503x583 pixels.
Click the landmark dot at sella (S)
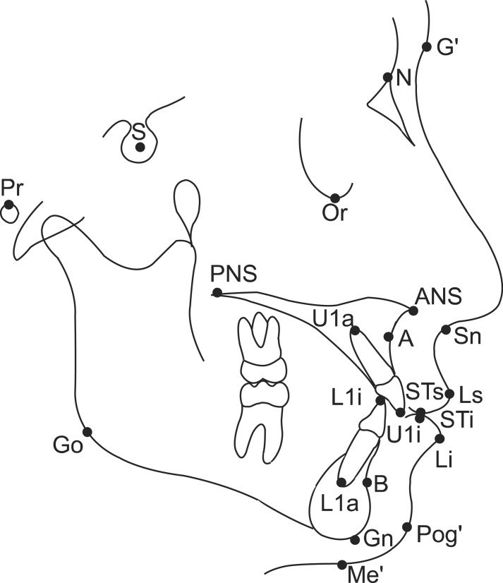[140, 148]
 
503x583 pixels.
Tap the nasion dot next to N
[388, 78]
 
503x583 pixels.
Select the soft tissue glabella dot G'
[426, 47]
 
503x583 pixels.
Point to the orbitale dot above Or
[335, 198]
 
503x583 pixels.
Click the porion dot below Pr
[8, 205]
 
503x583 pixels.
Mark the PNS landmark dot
[217, 293]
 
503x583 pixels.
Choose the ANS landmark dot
[413, 311]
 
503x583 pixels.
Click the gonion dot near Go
[87, 432]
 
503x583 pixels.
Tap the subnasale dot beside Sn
[445, 330]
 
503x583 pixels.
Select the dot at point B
[368, 483]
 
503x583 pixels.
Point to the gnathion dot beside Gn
[356, 540]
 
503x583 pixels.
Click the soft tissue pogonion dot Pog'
[407, 527]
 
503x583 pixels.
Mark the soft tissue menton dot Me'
[342, 565]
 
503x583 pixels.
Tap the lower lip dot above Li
[440, 439]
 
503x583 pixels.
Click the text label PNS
[234, 274]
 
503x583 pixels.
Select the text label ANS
[438, 296]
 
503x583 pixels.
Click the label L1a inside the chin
[339, 504]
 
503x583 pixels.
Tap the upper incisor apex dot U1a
[355, 330]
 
